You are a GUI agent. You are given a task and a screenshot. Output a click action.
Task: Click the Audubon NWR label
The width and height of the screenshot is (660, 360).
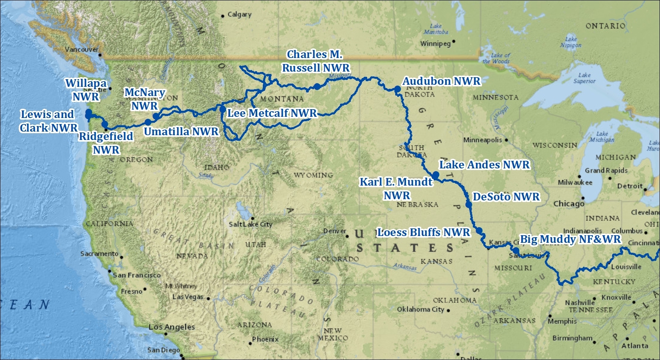click(441, 81)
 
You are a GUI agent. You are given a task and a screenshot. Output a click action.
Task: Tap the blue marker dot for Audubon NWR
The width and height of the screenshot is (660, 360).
click(398, 89)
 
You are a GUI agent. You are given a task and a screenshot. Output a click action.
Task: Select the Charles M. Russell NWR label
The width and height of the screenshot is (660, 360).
click(316, 61)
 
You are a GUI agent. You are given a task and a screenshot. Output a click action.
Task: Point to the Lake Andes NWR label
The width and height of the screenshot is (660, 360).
click(484, 165)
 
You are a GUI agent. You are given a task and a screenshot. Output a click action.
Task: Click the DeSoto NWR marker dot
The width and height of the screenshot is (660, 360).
click(469, 204)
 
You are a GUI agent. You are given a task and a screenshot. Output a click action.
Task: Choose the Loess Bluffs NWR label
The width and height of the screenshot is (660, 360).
click(424, 232)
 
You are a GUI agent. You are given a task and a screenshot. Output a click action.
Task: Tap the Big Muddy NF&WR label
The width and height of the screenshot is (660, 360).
click(570, 239)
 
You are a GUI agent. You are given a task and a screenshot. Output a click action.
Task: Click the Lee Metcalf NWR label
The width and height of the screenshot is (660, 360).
click(272, 113)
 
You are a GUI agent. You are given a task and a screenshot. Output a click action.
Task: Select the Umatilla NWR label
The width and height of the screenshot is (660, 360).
click(181, 132)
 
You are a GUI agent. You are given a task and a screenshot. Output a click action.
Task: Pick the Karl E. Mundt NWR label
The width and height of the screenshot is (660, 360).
click(396, 188)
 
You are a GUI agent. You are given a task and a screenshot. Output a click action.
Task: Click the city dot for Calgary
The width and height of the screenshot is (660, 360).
click(223, 16)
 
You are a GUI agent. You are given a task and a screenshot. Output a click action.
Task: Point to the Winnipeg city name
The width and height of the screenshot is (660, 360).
click(435, 43)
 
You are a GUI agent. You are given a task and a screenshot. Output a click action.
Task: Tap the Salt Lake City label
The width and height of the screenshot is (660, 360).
click(250, 224)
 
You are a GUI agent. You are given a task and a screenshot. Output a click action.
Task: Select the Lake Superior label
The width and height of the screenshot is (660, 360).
click(584, 78)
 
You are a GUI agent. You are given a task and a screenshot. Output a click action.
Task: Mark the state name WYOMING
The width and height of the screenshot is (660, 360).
click(313, 175)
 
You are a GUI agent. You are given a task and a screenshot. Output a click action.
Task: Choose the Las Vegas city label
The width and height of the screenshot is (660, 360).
click(188, 297)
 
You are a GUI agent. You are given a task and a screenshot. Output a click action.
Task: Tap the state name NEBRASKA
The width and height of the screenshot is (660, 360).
click(417, 204)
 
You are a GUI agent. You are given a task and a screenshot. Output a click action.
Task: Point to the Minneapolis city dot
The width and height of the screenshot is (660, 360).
click(506, 140)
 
